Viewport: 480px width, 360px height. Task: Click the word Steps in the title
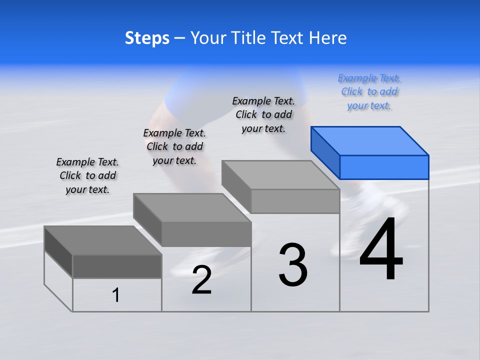coord(147,38)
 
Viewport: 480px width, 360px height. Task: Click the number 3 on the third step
coord(293,264)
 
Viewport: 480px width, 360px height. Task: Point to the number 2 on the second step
coord(201,280)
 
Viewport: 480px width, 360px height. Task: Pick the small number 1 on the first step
coord(116,295)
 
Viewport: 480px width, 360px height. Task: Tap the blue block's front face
coord(384,167)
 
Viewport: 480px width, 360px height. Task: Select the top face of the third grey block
coord(280,175)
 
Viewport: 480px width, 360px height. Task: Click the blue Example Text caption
coord(369,92)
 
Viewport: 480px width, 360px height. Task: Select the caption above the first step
coord(87,175)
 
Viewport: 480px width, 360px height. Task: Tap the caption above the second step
coord(174,146)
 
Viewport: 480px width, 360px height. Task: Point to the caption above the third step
coord(263,114)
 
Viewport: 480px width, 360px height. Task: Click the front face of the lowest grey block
coord(117,266)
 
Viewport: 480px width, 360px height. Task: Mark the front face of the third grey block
coord(295,201)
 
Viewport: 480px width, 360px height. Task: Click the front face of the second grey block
coord(206,234)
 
